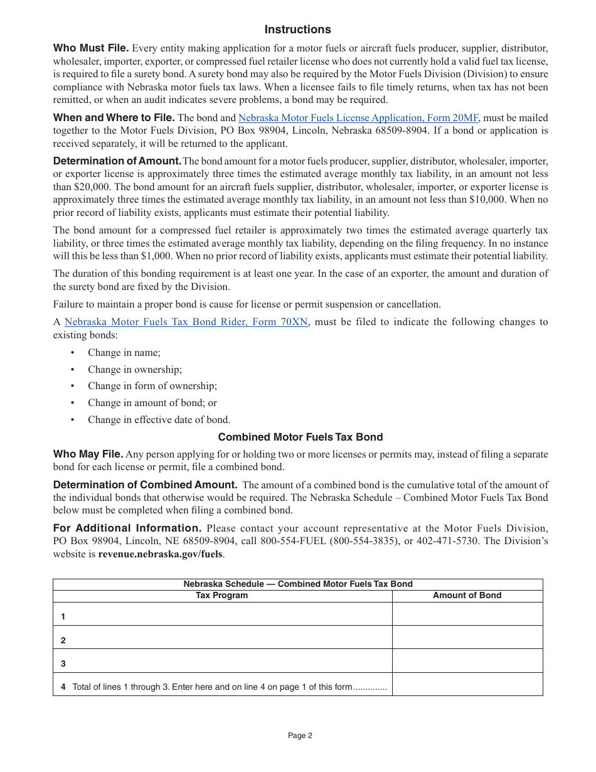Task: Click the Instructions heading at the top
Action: point(297,29)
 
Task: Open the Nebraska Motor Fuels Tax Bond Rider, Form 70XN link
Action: point(186,322)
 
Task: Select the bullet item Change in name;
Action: point(124,353)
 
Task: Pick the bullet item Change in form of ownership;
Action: point(152,386)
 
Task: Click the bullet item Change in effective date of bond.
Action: point(159,420)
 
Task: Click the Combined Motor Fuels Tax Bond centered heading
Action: point(300,437)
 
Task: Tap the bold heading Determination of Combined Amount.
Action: point(145,485)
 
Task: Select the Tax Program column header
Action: point(222,596)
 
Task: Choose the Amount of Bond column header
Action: point(467,596)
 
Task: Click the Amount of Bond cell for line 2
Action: point(467,637)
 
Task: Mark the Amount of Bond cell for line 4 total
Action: point(467,684)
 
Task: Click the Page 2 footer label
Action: point(300,736)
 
